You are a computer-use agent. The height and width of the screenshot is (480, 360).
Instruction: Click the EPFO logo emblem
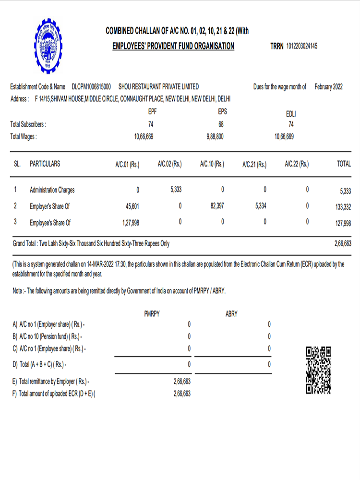48,46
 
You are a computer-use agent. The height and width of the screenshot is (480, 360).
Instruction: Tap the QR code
318,370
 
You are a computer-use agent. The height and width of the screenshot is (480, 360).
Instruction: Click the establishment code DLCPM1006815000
91,87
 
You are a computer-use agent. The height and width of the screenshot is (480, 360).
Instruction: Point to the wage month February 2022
329,87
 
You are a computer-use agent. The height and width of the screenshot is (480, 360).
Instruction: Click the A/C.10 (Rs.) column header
212,164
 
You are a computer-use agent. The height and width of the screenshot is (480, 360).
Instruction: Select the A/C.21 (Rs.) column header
254,164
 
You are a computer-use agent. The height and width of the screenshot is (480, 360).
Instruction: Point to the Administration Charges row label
52,190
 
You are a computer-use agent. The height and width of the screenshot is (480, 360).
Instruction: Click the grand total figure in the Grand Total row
342,244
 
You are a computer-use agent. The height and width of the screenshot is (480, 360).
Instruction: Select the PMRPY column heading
152,313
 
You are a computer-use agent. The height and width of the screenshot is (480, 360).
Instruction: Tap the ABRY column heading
231,313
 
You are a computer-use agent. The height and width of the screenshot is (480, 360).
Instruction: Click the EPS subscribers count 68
221,124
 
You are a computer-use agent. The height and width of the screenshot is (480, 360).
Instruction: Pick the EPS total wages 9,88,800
212,137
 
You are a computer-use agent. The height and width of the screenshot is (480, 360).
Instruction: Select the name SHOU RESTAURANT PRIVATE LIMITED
158,87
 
